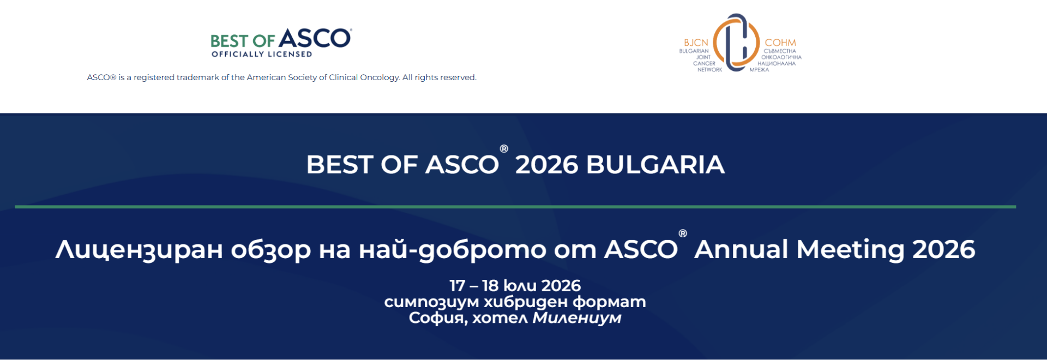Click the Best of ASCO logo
(281, 43)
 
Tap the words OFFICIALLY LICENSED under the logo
(262, 54)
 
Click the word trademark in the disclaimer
(197, 77)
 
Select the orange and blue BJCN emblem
(736, 43)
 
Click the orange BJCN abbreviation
(696, 43)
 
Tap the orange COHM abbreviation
(780, 43)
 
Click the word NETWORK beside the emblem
(709, 70)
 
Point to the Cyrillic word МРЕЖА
(759, 70)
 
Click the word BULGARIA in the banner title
(655, 165)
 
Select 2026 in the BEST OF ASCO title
(546, 165)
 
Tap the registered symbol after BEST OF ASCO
(504, 148)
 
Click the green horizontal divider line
(515, 207)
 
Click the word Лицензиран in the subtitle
(139, 250)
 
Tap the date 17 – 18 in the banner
(474, 285)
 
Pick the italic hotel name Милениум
(577, 317)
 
